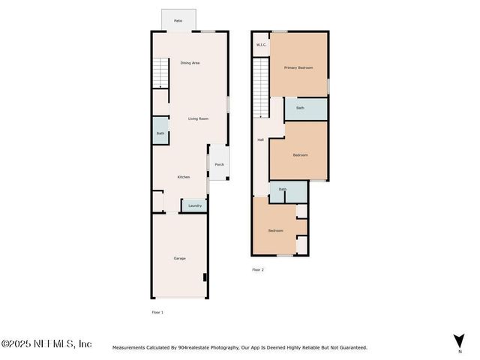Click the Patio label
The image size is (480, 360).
point(178,21)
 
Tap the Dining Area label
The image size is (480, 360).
point(190,63)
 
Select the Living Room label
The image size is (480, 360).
point(198,118)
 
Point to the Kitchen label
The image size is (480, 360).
point(183,177)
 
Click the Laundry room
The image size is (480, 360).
point(195,205)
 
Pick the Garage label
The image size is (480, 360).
point(180,258)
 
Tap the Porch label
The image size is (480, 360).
point(220,164)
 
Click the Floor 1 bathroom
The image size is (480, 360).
point(160,130)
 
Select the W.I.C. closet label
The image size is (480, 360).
point(261,45)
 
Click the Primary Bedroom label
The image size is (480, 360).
point(298,67)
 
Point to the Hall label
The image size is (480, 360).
point(260,140)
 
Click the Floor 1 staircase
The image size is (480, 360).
point(160,73)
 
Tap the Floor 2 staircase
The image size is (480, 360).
point(261,88)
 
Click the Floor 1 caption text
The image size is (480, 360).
point(157,312)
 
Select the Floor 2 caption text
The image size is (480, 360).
point(258,270)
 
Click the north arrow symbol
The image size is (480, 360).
point(459,340)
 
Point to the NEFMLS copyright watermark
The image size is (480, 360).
point(46,343)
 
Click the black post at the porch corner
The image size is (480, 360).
point(227,178)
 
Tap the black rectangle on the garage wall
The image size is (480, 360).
point(205,277)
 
